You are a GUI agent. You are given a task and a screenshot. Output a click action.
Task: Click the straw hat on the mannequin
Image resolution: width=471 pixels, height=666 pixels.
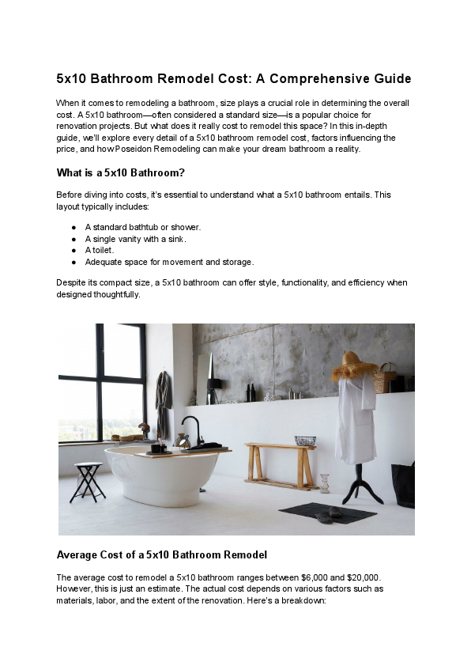pos(354,367)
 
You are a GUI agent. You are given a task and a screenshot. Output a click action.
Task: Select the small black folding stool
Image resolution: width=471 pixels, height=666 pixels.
pos(87,482)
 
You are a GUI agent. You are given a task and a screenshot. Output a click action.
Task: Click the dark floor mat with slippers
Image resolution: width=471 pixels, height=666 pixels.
pos(328,513)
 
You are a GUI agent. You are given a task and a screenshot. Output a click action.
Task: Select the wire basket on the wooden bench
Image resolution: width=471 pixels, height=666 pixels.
pos(304,441)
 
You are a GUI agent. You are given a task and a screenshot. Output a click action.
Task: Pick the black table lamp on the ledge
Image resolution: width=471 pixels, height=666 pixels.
pos(214,388)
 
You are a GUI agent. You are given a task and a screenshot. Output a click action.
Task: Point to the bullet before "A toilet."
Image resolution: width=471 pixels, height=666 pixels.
pos(73,250)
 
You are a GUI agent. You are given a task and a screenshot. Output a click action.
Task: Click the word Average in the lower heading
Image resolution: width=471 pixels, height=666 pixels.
pos(78,554)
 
